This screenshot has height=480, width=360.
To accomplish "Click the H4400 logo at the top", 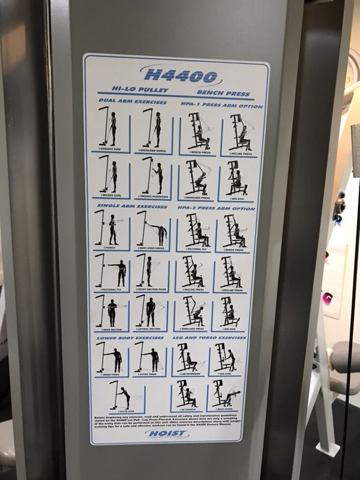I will (x=181, y=77).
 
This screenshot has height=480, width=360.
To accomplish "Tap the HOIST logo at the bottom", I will (x=166, y=434).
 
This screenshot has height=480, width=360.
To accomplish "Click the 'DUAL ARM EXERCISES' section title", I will (x=134, y=103).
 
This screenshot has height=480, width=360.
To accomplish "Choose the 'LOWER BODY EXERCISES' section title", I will (x=130, y=338).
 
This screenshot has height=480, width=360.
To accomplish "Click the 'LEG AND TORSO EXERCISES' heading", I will (x=212, y=338).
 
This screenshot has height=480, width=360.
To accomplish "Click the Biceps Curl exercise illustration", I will (x=109, y=176).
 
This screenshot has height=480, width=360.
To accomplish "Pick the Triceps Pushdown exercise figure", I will (x=151, y=176).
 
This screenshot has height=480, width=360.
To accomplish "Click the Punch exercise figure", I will (x=109, y=230).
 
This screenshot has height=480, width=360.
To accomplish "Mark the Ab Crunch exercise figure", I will (x=187, y=394).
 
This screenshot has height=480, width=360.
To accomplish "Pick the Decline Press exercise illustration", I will (x=230, y=272).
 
